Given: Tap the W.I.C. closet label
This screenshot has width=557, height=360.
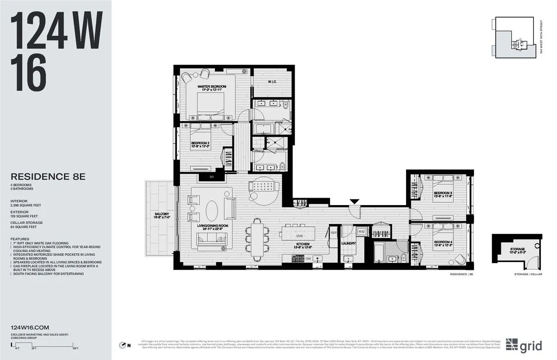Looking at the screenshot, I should pos(272,82).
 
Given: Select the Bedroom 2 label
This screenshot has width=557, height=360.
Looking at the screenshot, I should pos(201,144).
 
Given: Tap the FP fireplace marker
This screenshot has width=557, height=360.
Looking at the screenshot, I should pos(205,177).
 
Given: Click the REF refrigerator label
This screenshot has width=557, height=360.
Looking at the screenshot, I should pos(333,232).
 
